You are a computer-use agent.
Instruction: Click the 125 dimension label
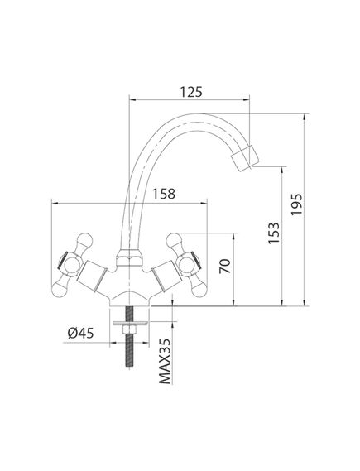(x=191, y=92)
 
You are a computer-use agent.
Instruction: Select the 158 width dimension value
(x=164, y=194)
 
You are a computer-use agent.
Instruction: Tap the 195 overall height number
(x=296, y=204)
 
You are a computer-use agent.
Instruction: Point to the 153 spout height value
(x=274, y=233)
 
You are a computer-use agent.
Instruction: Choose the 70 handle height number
(x=225, y=266)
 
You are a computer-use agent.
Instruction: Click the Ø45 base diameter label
(x=80, y=333)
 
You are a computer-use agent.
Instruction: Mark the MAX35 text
(x=165, y=361)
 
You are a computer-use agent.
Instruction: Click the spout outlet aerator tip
(x=245, y=158)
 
